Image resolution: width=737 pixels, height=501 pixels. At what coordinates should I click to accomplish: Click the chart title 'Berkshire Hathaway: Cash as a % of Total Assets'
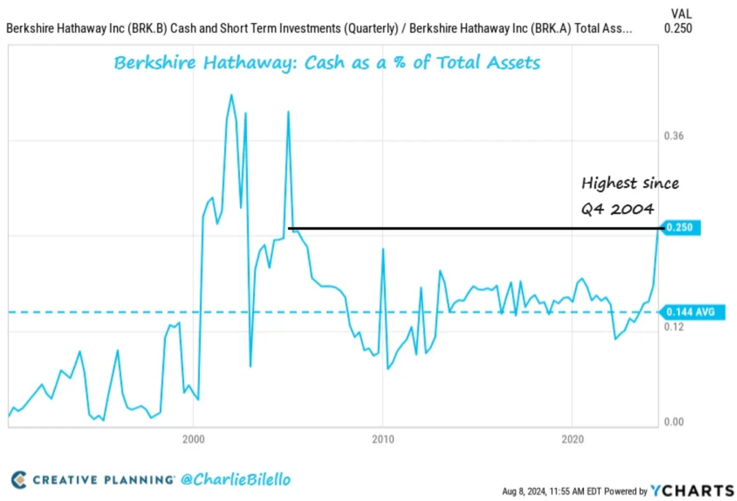[327, 63]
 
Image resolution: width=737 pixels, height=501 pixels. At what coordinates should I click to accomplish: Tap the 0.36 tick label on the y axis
[673, 136]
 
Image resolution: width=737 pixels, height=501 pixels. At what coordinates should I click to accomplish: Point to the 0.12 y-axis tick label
[673, 327]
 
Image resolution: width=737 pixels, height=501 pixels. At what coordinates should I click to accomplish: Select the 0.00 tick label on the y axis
[673, 422]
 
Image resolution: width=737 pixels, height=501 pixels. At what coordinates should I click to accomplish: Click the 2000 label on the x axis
[193, 439]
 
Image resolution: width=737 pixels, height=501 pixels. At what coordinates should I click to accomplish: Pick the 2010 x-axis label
[383, 439]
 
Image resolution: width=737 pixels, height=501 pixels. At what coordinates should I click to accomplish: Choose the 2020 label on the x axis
[572, 439]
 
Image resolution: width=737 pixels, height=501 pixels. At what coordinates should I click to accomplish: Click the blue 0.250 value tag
[680, 228]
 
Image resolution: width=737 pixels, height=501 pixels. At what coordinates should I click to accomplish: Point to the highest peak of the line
[231, 95]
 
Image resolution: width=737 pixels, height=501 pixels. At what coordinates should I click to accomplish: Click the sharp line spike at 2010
[383, 250]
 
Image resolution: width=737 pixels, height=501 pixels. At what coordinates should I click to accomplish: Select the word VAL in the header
[681, 14]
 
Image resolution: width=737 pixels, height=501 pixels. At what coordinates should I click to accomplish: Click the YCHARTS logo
[692, 490]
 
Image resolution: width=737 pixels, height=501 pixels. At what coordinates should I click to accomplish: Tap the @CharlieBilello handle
[236, 480]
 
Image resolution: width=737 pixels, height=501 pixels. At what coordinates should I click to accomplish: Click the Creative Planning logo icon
[19, 480]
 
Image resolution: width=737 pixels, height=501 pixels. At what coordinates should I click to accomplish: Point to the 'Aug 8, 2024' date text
[524, 491]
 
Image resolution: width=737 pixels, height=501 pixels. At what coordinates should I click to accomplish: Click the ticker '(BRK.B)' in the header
[147, 29]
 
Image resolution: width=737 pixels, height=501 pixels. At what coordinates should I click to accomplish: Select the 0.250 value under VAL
[678, 29]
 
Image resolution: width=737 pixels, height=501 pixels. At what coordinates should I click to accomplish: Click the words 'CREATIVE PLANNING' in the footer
[103, 480]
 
